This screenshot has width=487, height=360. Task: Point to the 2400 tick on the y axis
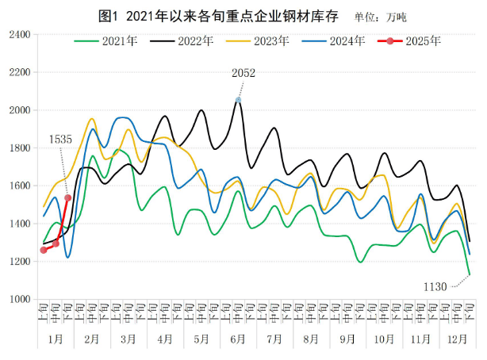[x=19, y=35]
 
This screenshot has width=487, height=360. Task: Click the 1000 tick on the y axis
[x=19, y=300]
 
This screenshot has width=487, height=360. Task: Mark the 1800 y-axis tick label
[x=19, y=148]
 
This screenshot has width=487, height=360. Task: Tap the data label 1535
[x=61, y=139]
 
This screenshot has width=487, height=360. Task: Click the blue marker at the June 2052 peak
[x=238, y=100]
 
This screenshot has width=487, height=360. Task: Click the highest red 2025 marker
[x=68, y=198]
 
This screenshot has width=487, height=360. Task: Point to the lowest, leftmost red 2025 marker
[x=43, y=250]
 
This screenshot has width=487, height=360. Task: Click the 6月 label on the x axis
[x=238, y=339]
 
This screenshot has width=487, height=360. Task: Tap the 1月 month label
[x=56, y=339]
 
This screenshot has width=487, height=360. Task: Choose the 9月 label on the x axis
[x=346, y=339]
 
